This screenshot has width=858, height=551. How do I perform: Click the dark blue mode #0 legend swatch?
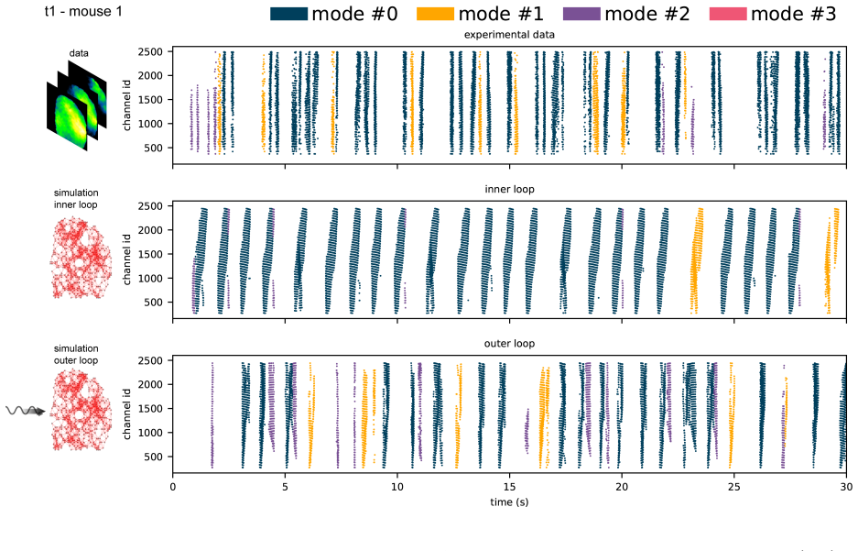click(289, 14)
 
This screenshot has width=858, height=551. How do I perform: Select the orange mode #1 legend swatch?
click(435, 14)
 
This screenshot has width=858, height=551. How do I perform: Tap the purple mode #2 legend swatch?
click(581, 14)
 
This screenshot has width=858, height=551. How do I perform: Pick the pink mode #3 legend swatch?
click(728, 14)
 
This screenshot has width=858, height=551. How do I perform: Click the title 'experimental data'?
click(509, 35)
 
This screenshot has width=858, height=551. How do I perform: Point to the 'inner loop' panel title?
click(509, 190)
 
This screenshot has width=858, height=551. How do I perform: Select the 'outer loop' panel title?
click(509, 344)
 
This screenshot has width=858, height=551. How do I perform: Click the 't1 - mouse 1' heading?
click(83, 12)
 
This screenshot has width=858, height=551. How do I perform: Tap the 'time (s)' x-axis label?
click(509, 501)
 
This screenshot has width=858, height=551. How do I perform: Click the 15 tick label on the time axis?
click(509, 487)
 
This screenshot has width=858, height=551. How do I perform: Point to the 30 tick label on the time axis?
click(846, 487)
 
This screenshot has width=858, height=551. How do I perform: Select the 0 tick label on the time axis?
click(173, 487)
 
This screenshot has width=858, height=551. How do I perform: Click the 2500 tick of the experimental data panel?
click(150, 52)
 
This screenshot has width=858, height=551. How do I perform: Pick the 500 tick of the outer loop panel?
click(154, 457)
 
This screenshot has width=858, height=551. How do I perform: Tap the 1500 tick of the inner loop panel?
click(150, 254)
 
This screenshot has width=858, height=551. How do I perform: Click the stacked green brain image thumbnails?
click(77, 105)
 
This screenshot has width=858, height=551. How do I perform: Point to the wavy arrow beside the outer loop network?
click(25, 410)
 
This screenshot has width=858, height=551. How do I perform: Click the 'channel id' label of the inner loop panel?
click(127, 259)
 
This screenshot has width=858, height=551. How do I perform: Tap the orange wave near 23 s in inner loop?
click(696, 260)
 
